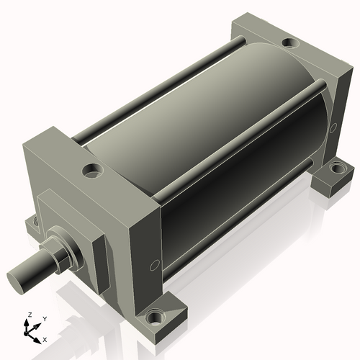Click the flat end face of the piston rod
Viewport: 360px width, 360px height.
pos(19,279)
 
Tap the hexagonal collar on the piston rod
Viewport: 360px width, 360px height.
pos(67,248)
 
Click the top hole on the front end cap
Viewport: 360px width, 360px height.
pos(92,171)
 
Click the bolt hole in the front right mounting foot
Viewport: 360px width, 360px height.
pos(154,317)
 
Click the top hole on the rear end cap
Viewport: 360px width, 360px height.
pos(289,44)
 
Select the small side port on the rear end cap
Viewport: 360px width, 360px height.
pos(333,127)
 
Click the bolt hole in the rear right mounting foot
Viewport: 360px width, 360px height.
pos(336,169)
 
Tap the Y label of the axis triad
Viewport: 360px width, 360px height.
pos(44,318)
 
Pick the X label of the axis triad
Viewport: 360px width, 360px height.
pos(45,338)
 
